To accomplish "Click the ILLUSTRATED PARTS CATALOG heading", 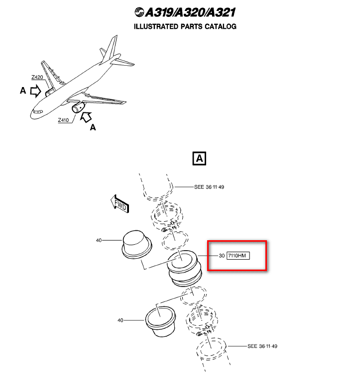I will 185,26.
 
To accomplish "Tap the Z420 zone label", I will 37,78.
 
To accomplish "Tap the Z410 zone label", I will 63,120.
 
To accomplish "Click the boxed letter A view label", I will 199,159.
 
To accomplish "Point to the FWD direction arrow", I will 120,203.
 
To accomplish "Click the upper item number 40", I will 99,240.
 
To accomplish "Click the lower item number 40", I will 120,320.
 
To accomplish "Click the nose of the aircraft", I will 33,114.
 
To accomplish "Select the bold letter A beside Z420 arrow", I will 22,91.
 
